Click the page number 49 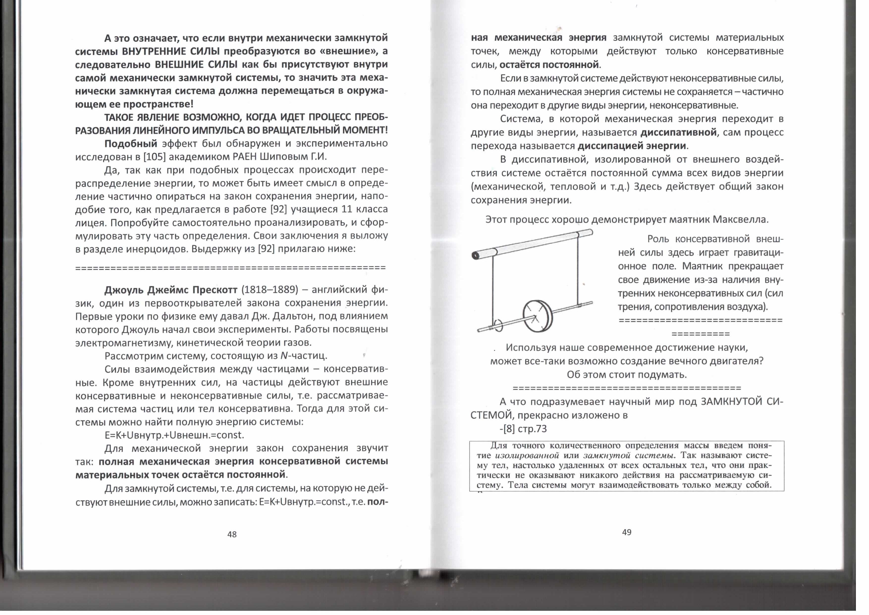click(626, 532)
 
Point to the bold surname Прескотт click(215, 290)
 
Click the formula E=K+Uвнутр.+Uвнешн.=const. click(174, 435)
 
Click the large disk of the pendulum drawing click(538, 316)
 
